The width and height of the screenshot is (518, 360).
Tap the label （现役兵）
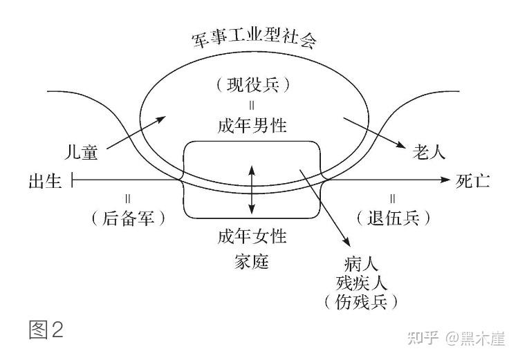pos(252,86)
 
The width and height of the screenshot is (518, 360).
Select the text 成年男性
pos(252,126)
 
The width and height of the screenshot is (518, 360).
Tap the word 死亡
pos(473,182)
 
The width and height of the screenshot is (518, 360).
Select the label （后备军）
pos(128,218)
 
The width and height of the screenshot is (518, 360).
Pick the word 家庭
pos(252,261)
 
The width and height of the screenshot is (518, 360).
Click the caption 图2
pos(46,330)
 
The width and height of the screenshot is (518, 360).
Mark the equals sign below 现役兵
pos(252,106)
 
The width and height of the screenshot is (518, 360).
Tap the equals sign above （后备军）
pos(128,198)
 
